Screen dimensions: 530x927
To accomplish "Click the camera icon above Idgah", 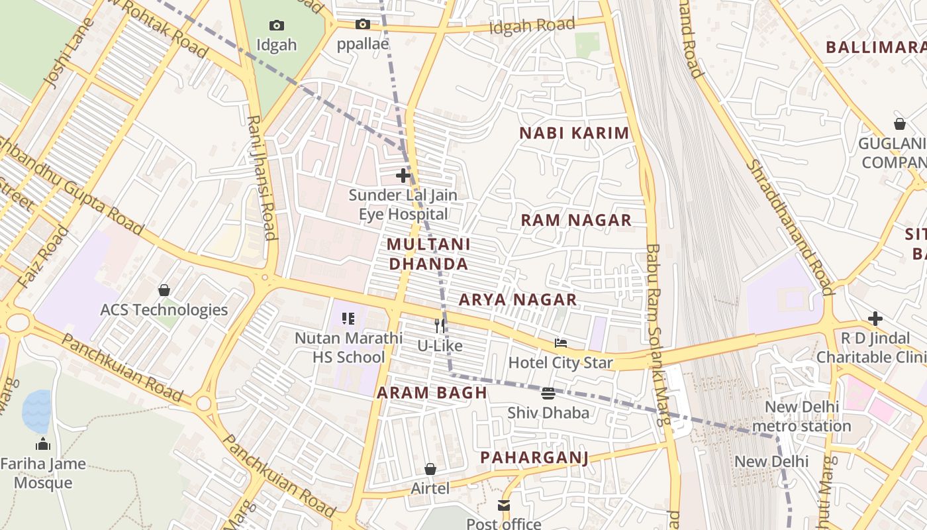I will click(277, 26).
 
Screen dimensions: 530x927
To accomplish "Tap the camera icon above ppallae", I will click(362, 25).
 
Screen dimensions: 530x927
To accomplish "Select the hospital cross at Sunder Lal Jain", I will click(403, 176).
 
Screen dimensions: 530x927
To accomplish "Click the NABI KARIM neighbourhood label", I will click(574, 133).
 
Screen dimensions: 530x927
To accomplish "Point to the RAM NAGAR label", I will click(576, 221).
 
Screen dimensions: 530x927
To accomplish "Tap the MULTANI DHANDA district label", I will click(428, 254).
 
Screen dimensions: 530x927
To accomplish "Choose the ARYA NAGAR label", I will click(518, 300).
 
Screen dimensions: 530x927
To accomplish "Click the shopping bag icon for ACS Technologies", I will click(164, 290).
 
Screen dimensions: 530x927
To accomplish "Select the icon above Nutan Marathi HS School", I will click(348, 319).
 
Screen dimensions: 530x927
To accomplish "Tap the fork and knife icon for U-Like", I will click(439, 326).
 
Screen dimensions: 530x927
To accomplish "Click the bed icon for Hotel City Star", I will click(561, 343).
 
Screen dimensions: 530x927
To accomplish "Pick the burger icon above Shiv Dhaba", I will click(548, 394).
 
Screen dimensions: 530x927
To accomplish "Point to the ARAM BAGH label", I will click(432, 393).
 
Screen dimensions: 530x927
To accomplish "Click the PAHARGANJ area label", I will click(534, 458).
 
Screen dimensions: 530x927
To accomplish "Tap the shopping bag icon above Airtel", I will click(430, 469).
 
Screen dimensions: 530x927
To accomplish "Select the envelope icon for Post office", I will click(504, 505).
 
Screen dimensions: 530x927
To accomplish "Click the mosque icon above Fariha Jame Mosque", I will click(43, 444).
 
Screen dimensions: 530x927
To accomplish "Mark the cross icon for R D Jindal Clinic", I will click(875, 319).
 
